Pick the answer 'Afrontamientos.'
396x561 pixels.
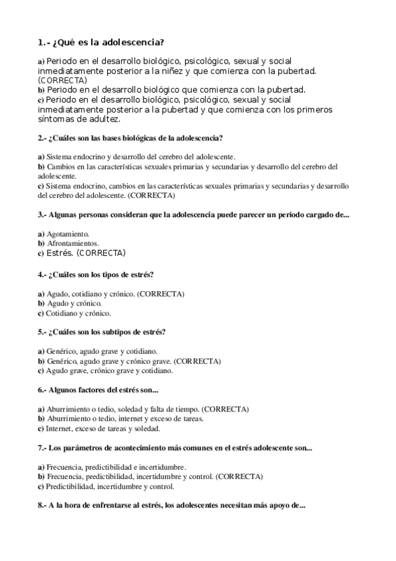point(72,243)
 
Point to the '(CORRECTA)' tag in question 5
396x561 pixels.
point(198,362)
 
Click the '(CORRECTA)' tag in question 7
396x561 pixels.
point(239,476)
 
